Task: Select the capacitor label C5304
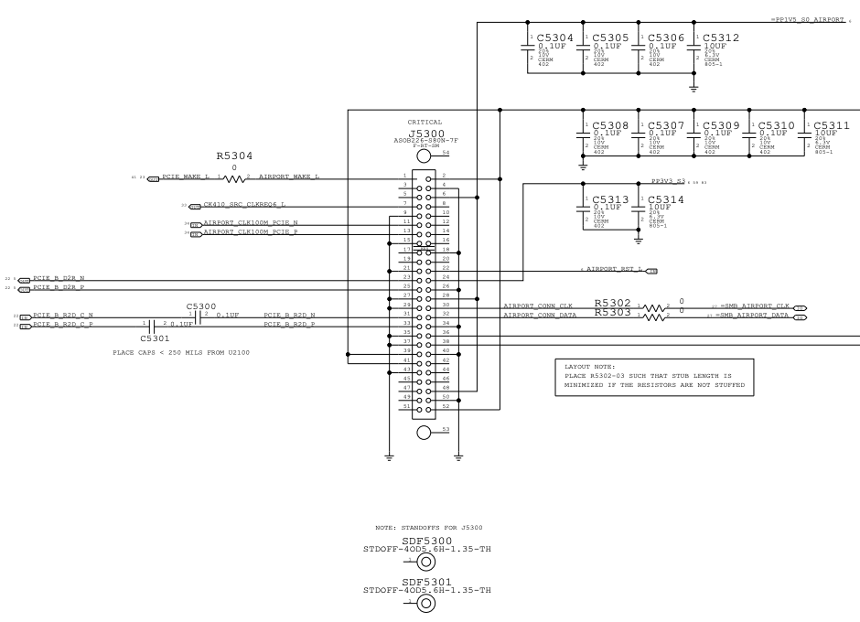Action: click(x=555, y=38)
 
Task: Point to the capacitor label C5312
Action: click(x=721, y=38)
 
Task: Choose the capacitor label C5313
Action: click(x=611, y=198)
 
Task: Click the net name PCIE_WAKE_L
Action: click(x=186, y=176)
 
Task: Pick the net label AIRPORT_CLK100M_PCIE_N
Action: click(x=250, y=222)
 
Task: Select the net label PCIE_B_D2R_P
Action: click(x=59, y=287)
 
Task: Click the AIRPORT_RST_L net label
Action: click(x=615, y=270)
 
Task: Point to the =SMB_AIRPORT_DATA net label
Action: click(x=752, y=316)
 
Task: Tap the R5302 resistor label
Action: click(x=612, y=302)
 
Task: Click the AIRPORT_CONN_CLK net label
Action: click(x=538, y=306)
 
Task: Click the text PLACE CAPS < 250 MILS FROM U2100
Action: click(x=181, y=352)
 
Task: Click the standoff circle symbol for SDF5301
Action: click(x=425, y=604)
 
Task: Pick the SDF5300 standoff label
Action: click(x=426, y=541)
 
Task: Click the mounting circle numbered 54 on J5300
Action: click(x=425, y=157)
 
